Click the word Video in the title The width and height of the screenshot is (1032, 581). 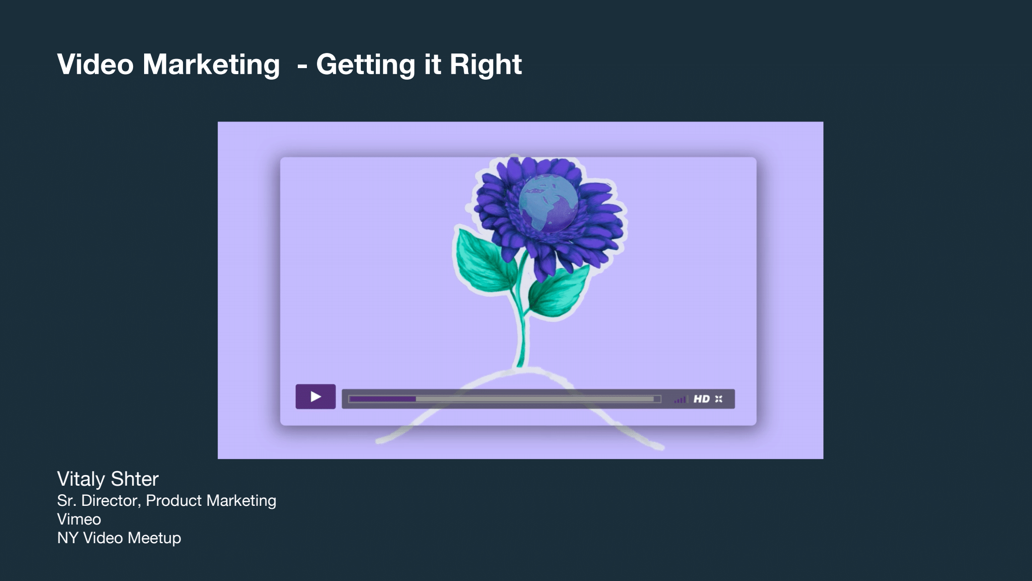(96, 64)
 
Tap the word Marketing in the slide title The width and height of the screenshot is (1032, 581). (211, 65)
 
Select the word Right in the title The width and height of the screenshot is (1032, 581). (485, 65)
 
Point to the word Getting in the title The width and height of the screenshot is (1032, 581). (378, 65)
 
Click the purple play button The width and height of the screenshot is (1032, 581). (315, 396)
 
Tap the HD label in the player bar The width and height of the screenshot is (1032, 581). (701, 399)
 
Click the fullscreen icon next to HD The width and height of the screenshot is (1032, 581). (719, 399)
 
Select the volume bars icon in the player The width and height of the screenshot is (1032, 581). (680, 399)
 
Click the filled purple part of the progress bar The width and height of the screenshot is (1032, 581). (382, 399)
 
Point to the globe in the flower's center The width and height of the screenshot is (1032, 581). (548, 203)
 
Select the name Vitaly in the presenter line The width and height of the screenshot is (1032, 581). (81, 479)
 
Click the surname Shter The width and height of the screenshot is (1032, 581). (135, 479)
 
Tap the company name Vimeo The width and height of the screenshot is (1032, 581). (79, 519)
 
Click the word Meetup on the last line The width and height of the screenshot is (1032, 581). (154, 538)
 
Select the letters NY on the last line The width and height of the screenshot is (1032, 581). (68, 538)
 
